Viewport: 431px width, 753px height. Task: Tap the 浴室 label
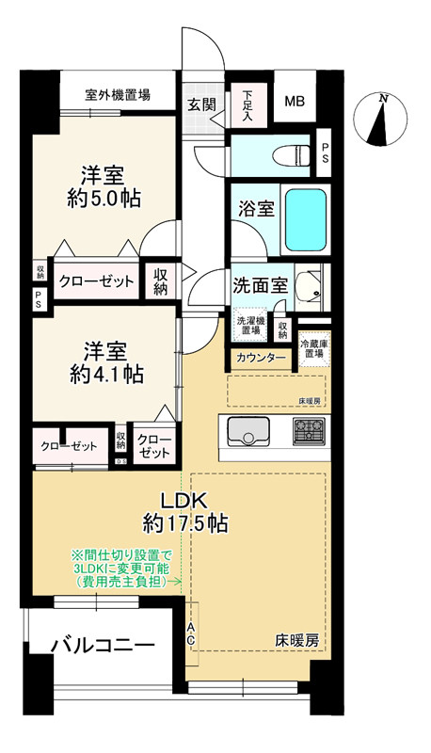pos(255,209)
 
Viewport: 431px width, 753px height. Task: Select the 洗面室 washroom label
pos(260,285)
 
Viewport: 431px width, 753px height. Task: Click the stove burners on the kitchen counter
pos(308,433)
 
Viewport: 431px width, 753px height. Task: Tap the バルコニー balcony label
pos(103,646)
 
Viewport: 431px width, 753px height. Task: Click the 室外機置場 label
pos(118,95)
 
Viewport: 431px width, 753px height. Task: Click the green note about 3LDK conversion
pos(120,569)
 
